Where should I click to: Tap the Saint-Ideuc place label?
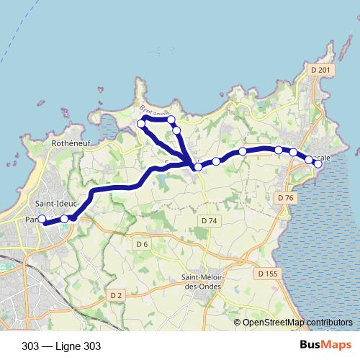click(x=52, y=204)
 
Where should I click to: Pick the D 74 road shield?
click(x=210, y=220)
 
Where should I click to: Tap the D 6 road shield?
click(x=142, y=245)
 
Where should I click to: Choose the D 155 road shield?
click(x=266, y=274)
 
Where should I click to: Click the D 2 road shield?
click(x=116, y=295)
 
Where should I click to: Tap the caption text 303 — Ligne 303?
click(x=61, y=346)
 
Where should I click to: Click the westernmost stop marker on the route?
click(x=42, y=219)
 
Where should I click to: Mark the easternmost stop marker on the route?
click(x=318, y=164)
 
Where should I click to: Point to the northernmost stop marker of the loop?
click(x=171, y=120)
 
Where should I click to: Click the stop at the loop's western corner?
click(x=141, y=125)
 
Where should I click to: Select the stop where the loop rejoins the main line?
click(x=198, y=166)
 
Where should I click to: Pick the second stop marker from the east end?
click(x=309, y=159)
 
